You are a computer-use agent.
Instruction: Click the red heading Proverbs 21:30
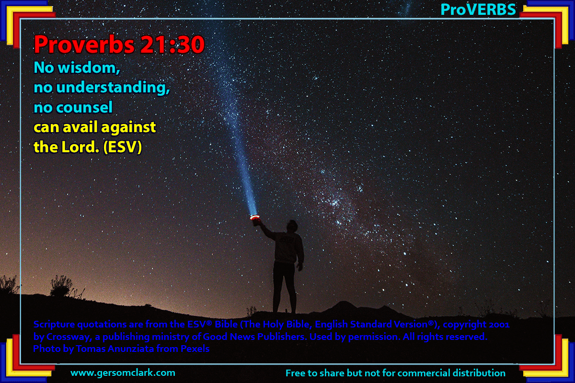[x=119, y=45]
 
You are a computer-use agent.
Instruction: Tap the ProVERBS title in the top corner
[x=478, y=10]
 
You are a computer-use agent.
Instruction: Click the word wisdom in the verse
[x=89, y=68]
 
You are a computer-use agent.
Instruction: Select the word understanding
[x=113, y=88]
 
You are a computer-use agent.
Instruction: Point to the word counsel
[x=84, y=107]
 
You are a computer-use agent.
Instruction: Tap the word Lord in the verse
[x=80, y=147]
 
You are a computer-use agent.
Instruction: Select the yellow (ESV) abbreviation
[x=123, y=147]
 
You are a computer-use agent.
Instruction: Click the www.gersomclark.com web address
[x=123, y=373]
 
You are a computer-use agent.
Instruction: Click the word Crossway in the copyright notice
[x=69, y=337]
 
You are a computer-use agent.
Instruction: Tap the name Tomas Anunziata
[x=115, y=349]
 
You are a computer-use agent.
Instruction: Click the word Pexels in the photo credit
[x=195, y=349]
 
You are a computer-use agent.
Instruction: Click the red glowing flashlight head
[x=255, y=218]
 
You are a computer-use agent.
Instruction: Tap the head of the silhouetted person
[x=292, y=226]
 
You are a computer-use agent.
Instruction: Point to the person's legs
[x=285, y=287]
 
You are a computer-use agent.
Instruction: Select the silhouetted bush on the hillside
[x=62, y=286]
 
